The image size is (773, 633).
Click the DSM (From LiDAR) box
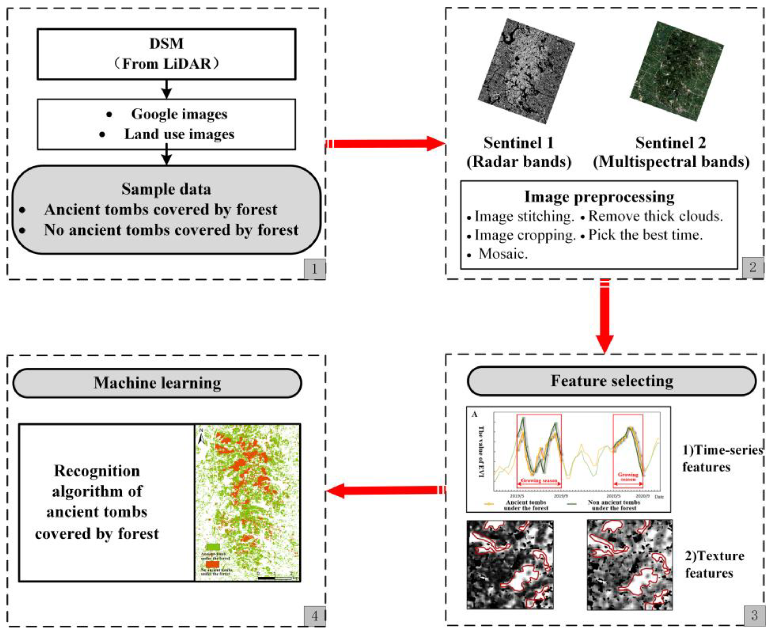166,54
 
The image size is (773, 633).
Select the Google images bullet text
179,114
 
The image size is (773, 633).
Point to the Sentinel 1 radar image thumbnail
526,71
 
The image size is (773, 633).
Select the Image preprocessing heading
599,197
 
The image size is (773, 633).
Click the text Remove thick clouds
655,216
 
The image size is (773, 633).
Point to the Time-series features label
721,458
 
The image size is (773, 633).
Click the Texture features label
714,564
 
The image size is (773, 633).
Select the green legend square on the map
213,547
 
